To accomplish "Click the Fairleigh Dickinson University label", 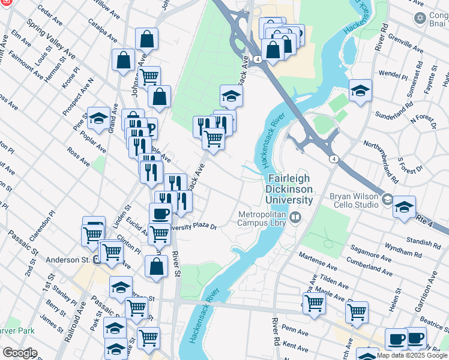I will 290,190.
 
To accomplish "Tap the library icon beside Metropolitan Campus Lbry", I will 295,217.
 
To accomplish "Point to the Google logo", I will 20,353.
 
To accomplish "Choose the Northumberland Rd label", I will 381,161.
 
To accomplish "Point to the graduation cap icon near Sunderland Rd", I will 360,91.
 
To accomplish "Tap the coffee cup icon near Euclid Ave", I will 160,213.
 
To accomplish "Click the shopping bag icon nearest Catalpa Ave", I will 146,40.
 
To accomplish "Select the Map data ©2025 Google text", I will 411,355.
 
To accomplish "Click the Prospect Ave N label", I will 79,97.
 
